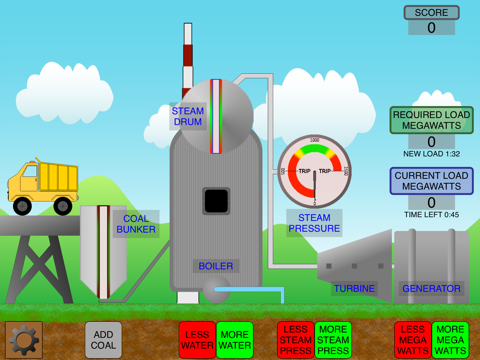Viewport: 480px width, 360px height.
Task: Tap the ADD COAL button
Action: coord(103,340)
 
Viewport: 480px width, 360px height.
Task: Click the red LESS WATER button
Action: coord(197,340)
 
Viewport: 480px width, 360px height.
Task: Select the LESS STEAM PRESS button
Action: coord(295,340)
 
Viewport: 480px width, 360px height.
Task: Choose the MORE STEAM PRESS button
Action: coord(333,340)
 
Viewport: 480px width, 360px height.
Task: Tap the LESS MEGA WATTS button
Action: coord(412,340)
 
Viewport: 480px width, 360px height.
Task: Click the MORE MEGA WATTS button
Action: coord(450,340)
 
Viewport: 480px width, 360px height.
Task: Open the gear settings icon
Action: coord(24,340)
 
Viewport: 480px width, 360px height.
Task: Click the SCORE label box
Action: coord(431,13)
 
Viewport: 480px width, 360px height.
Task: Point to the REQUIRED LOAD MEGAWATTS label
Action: coord(431,120)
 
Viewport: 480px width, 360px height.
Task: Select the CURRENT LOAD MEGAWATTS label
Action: coord(431,180)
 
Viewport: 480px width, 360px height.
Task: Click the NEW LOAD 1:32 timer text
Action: coord(431,154)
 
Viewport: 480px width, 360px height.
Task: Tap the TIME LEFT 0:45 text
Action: coord(431,214)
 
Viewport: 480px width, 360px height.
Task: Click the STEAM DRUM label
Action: coord(188,116)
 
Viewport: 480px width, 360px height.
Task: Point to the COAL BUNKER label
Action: coord(135,224)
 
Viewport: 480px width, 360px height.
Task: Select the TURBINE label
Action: coord(354,288)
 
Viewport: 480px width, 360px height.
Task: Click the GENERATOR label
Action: coord(431,288)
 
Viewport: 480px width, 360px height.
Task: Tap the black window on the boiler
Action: coord(216,201)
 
